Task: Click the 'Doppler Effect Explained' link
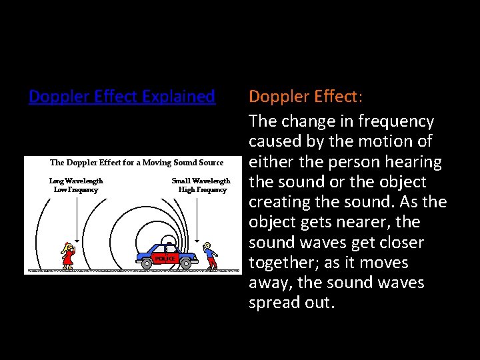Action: point(122,97)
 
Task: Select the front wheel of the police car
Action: point(186,263)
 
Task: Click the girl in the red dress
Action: point(67,255)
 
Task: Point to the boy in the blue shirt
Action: point(210,255)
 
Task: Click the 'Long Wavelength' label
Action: point(76,181)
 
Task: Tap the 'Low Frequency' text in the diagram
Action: point(76,190)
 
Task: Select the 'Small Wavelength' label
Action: point(201,181)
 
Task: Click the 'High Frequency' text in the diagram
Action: point(203,190)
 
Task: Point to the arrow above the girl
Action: point(77,217)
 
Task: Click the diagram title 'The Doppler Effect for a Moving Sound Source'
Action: point(137,163)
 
